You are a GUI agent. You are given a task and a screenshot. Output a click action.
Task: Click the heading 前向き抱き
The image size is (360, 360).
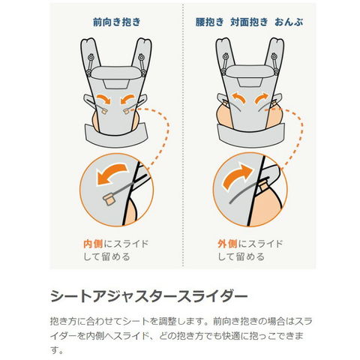click(x=117, y=22)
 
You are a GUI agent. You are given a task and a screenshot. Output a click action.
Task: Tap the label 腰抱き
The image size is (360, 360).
click(x=209, y=22)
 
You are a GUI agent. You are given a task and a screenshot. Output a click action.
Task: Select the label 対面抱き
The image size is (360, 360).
click(x=249, y=22)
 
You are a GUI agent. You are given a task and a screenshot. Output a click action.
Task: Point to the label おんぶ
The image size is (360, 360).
click(x=289, y=22)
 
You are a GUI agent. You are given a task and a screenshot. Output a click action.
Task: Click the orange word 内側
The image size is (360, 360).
click(x=93, y=244)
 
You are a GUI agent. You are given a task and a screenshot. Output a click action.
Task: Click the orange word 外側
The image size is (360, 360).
click(x=227, y=244)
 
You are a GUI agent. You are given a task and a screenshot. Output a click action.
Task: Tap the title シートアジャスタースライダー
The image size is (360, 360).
click(x=149, y=296)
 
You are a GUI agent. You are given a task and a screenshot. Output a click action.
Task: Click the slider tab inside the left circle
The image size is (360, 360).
click(x=109, y=199)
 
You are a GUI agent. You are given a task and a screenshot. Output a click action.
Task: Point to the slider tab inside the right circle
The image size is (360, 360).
click(x=263, y=185)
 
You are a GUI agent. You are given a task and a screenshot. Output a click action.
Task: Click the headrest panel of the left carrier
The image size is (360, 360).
click(x=115, y=73)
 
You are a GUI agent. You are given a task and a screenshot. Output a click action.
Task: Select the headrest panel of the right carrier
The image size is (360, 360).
click(x=250, y=71)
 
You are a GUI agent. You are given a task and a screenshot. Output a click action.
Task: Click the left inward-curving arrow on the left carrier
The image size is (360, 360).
click(x=104, y=98)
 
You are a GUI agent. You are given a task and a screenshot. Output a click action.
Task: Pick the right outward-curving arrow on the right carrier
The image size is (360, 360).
click(x=262, y=98)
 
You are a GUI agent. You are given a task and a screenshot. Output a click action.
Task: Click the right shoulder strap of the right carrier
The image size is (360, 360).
click(x=275, y=55)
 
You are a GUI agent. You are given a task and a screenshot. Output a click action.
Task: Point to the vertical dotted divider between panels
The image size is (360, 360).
click(x=184, y=135)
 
